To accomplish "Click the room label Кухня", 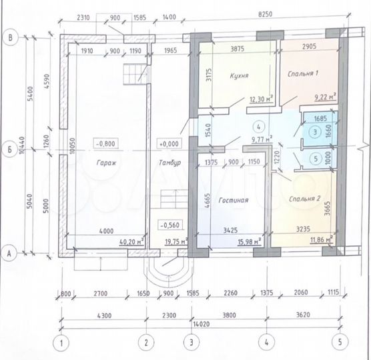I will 236,77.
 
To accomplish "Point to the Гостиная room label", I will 233,199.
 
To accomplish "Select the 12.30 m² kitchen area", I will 260,100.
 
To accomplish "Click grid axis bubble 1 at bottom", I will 61,344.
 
